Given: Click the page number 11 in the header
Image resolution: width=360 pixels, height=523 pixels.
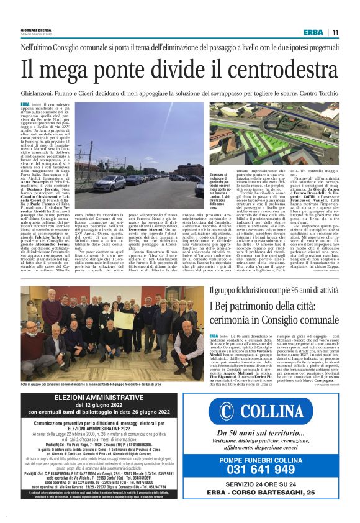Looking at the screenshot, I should (335, 33).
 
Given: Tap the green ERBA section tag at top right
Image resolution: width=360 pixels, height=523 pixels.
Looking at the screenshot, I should (313, 33).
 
